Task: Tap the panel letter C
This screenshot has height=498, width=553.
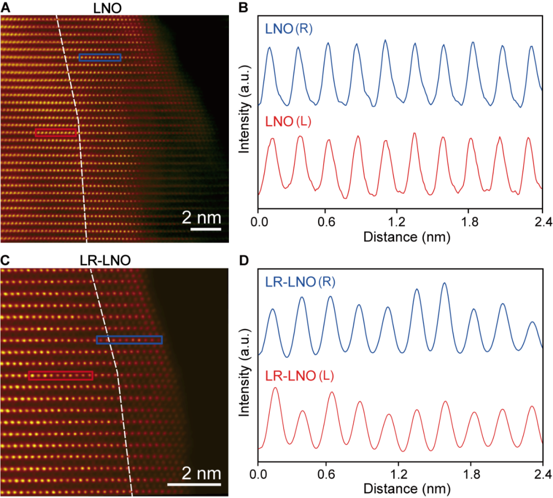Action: (x=6, y=260)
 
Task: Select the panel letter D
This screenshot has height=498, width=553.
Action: (x=244, y=260)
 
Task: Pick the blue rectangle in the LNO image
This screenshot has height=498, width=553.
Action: (x=100, y=57)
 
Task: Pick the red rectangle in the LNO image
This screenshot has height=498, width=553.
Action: (x=56, y=133)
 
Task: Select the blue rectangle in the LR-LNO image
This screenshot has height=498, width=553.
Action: (x=129, y=340)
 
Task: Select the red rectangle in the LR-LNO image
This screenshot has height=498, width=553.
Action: (x=60, y=375)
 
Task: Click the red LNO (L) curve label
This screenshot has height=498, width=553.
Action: (x=289, y=122)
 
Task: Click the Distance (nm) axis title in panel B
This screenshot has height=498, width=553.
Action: (x=400, y=236)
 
